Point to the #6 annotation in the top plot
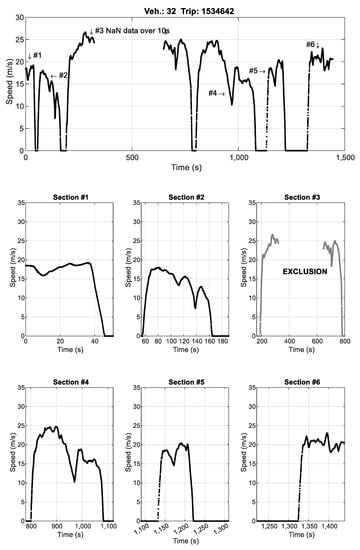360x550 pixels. (312, 44)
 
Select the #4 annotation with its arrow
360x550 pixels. (216, 94)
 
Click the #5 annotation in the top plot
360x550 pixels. (257, 71)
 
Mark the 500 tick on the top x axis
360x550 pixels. (132, 159)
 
